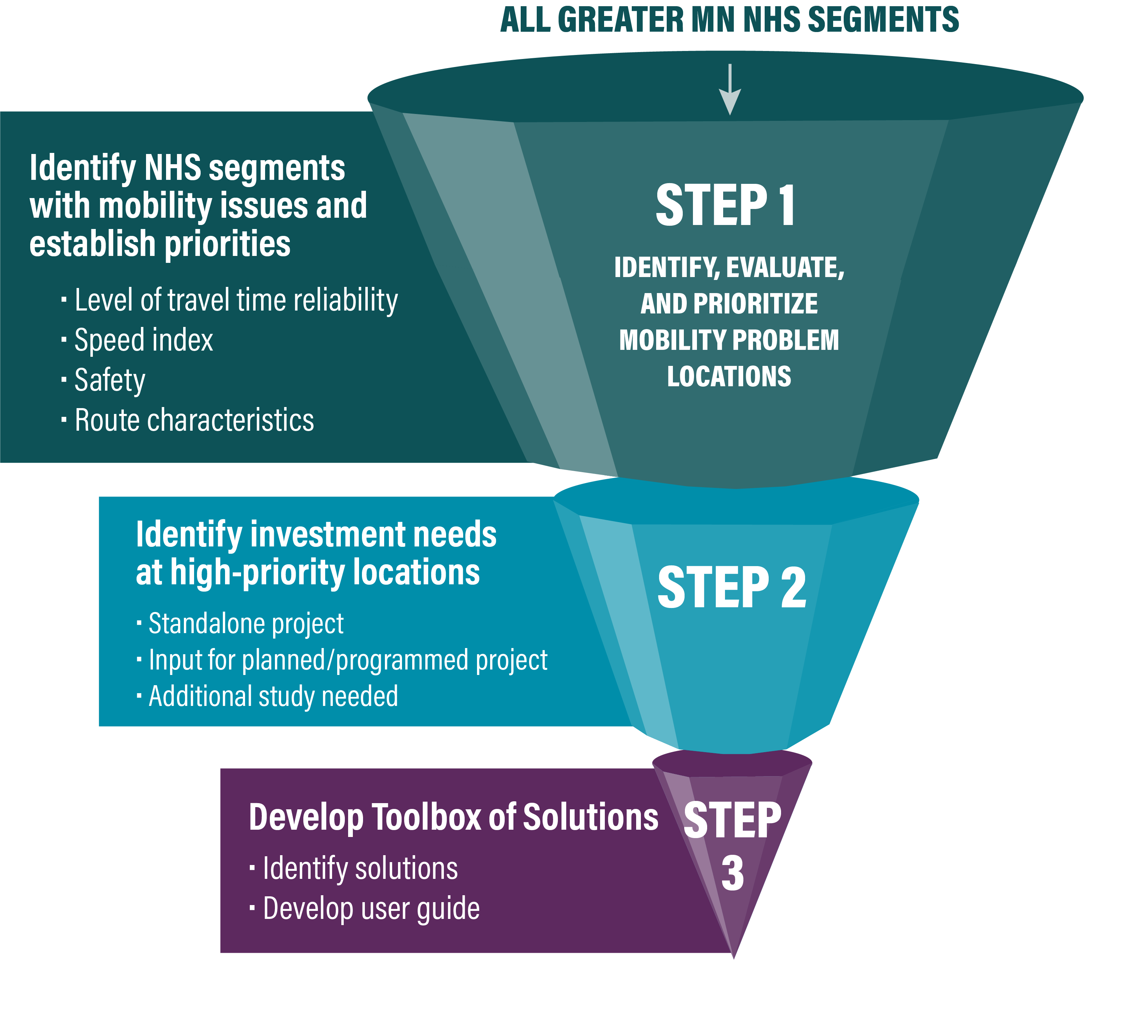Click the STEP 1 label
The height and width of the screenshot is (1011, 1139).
point(725,206)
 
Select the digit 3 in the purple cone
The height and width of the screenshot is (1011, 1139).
point(732,873)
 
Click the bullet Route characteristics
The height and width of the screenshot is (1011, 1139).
point(194,420)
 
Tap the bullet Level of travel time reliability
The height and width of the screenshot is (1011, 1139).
point(236,300)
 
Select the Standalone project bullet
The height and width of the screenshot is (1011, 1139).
point(246,623)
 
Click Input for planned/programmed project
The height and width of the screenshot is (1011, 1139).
point(348,660)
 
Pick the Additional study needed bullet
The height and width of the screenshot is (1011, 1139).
point(273,696)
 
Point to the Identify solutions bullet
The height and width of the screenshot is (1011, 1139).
point(360,868)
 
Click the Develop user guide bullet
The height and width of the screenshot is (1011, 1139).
point(371,908)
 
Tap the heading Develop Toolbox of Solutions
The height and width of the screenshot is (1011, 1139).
point(453,817)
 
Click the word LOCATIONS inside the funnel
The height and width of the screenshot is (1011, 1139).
point(729,376)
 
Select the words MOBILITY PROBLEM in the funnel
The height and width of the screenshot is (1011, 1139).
point(729,340)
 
